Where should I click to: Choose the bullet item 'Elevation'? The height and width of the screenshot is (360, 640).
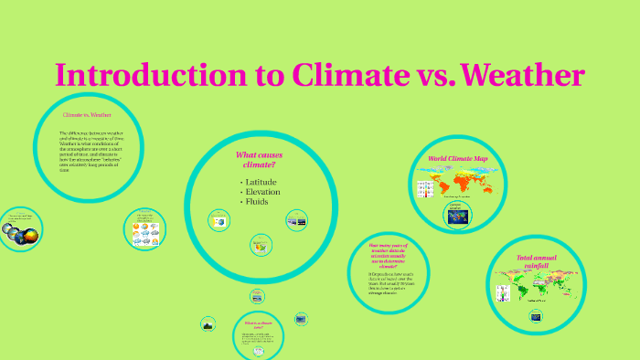coord(263,192)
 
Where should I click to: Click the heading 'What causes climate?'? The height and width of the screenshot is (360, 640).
coord(259,160)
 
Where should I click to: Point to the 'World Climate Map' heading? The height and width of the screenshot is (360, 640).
coord(458,159)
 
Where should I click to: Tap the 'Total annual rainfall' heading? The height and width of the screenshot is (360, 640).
coord(537,261)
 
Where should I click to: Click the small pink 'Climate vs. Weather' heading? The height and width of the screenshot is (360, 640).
coord(87,115)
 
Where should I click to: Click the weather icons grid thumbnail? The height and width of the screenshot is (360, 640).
coord(144,232)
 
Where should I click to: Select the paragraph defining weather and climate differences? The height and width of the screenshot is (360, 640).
coord(90,152)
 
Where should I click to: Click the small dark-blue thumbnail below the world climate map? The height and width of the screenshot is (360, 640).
coord(457,216)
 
